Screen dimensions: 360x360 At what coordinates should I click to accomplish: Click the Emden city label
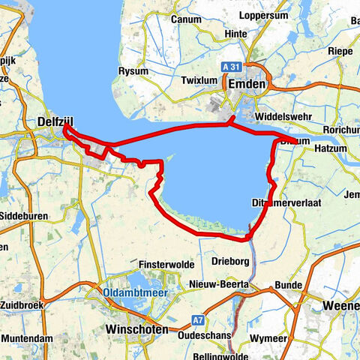tap(246, 85)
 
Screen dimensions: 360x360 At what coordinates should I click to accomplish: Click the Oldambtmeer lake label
tap(136, 293)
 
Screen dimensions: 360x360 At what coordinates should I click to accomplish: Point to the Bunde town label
tap(286, 286)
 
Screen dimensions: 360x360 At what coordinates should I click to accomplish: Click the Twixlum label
tap(187, 79)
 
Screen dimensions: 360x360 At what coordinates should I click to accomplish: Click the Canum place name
tap(186, 19)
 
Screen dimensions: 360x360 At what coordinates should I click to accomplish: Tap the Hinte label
tap(237, 34)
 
